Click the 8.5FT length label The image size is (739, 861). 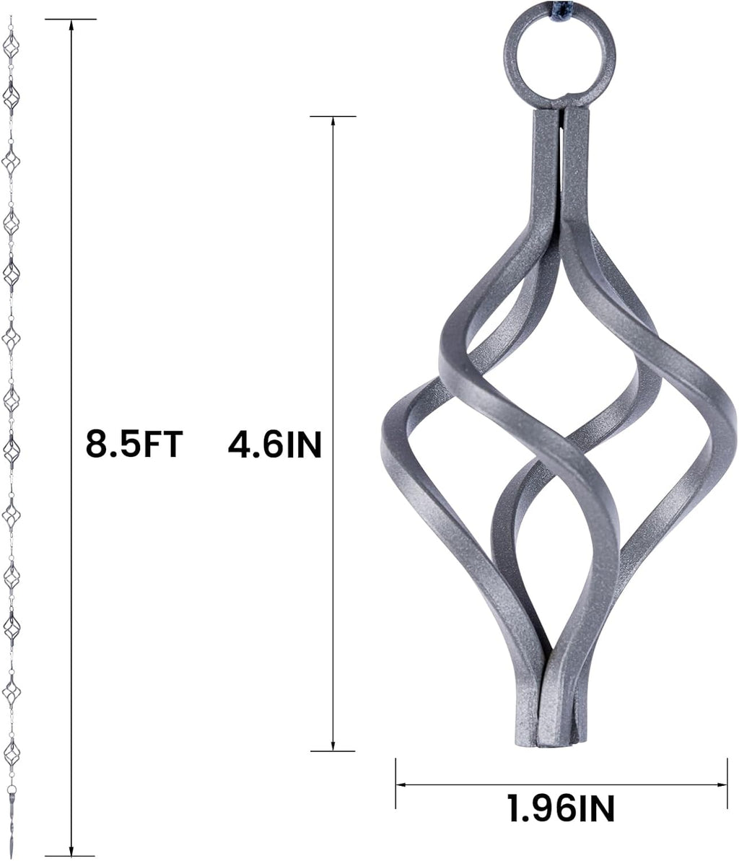(134, 443)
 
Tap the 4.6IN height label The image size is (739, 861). (274, 445)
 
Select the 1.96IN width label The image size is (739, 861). (561, 808)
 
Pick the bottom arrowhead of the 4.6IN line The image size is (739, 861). (333, 747)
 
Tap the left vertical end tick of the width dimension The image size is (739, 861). (396, 783)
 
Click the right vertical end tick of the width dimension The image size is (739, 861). (727, 783)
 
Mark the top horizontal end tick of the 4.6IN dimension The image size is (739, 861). (333, 115)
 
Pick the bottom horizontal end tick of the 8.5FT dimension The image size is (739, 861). (71, 856)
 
